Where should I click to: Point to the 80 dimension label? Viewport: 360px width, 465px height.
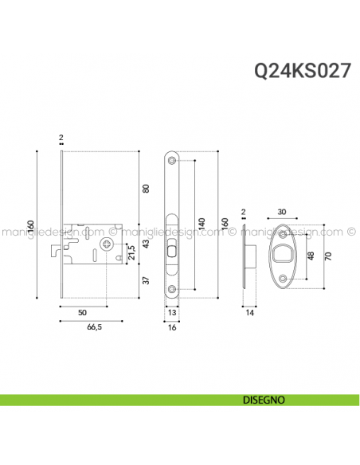pyautogui.click(x=145, y=189)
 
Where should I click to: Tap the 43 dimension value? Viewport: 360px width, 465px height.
pyautogui.click(x=145, y=244)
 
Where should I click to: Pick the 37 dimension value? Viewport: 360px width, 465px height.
pyautogui.click(x=145, y=280)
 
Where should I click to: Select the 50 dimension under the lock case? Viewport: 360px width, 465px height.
pyautogui.click(x=83, y=314)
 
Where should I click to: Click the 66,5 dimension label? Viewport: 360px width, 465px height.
pyautogui.click(x=93, y=327)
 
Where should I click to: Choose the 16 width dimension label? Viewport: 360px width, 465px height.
pyautogui.click(x=173, y=327)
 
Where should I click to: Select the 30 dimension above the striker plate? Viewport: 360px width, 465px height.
pyautogui.click(x=283, y=212)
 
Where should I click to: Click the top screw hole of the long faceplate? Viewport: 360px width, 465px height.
pyautogui.click(x=173, y=161)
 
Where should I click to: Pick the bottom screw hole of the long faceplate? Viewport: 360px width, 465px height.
pyautogui.click(x=173, y=290)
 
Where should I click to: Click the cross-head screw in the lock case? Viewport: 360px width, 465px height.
pyautogui.click(x=105, y=245)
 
